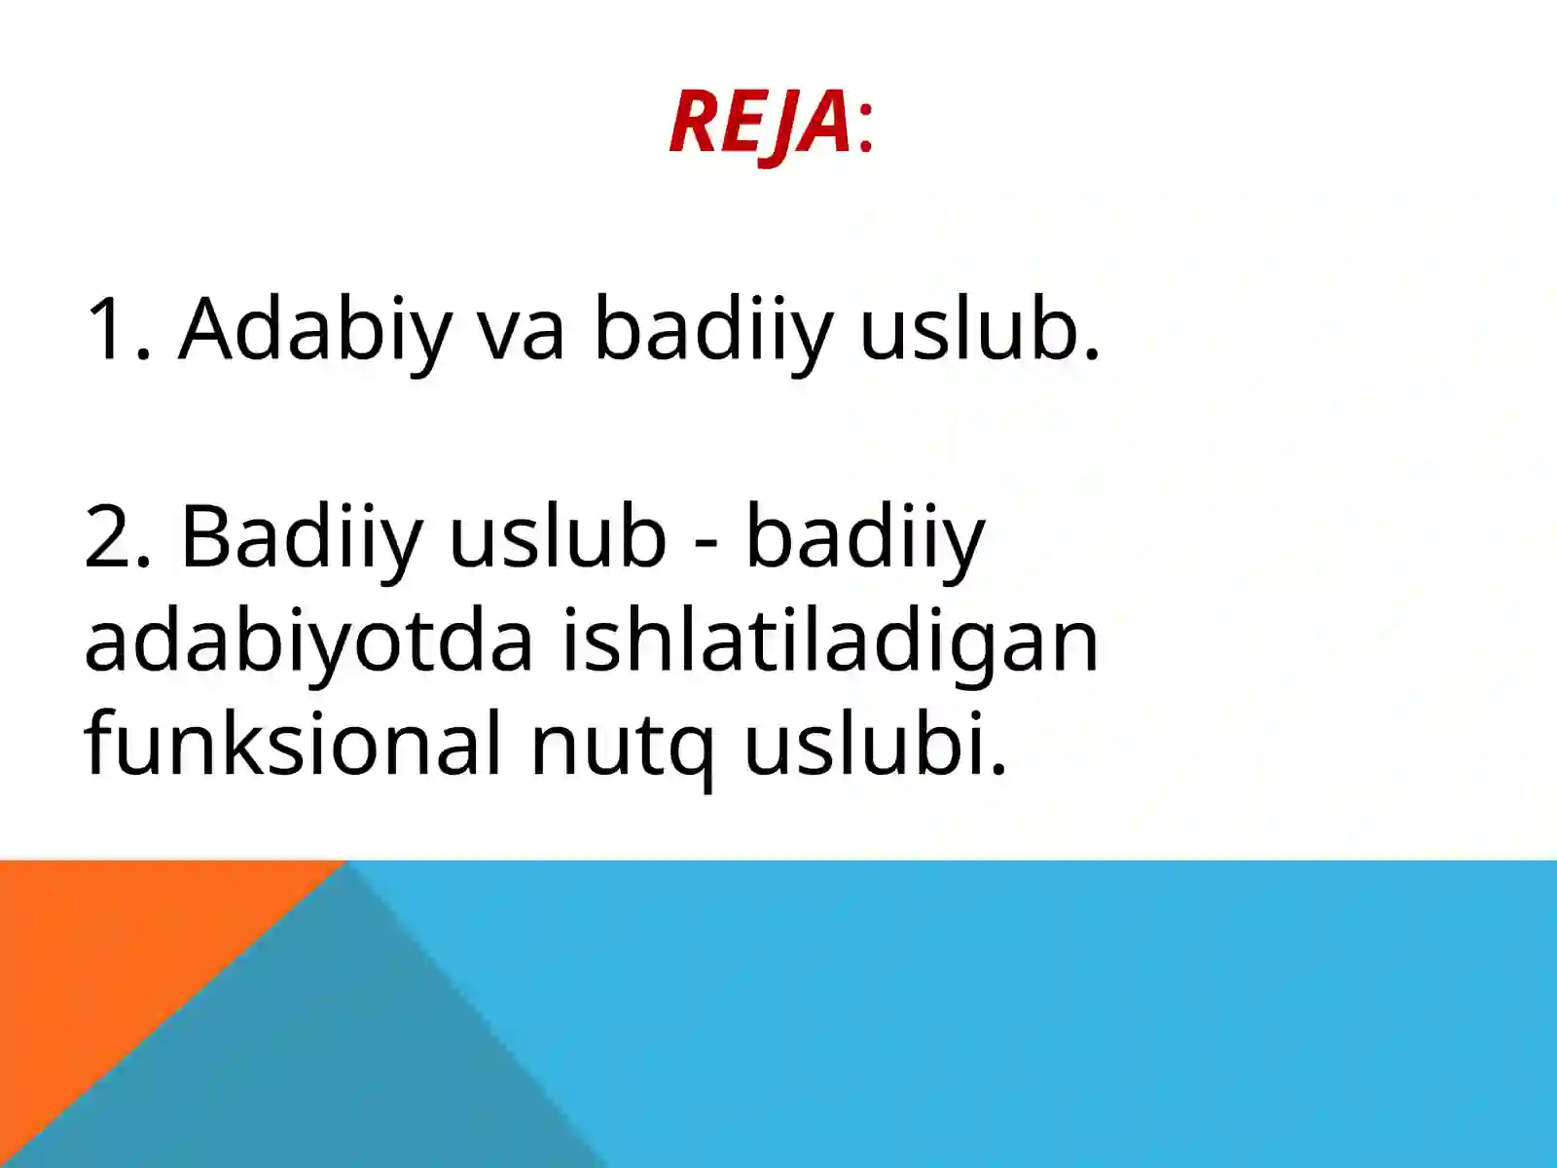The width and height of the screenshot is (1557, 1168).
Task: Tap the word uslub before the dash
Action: pyautogui.click(x=557, y=537)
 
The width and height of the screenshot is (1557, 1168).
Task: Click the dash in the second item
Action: pyautogui.click(x=706, y=541)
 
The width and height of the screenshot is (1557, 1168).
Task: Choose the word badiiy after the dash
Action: pyautogui.click(x=865, y=537)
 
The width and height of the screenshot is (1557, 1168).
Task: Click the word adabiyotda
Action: pyautogui.click(x=308, y=642)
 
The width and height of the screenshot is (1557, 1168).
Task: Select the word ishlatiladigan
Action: pyautogui.click(x=830, y=642)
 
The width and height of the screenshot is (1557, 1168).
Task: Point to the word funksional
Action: pyautogui.click(x=293, y=745)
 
